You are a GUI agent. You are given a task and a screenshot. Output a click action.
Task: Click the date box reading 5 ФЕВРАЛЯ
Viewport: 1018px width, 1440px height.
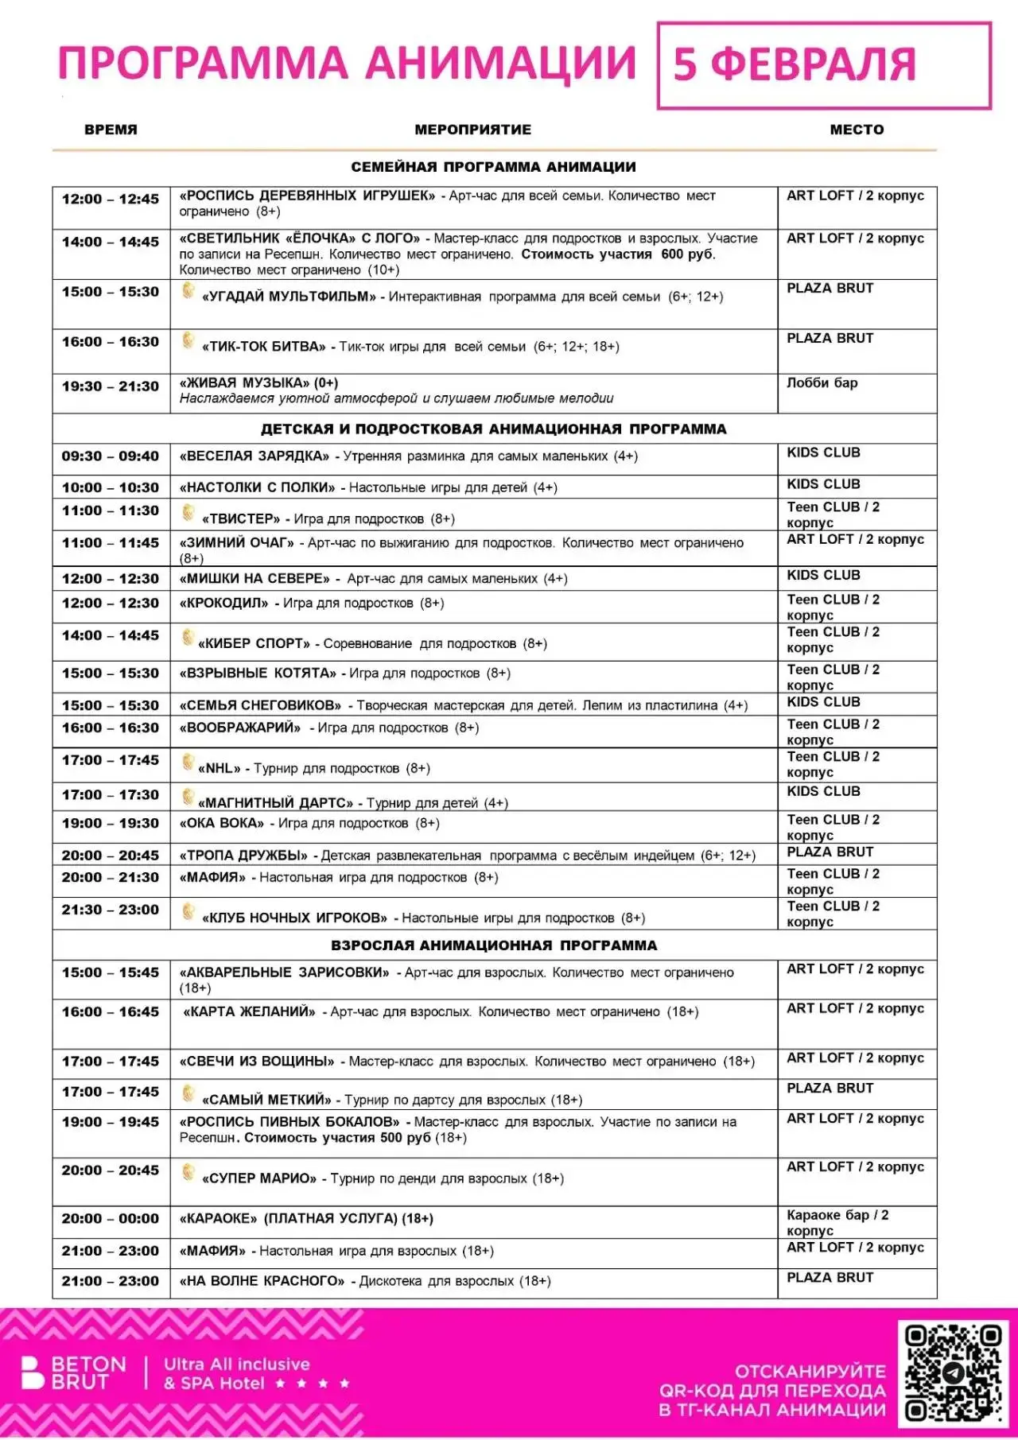[x=823, y=65]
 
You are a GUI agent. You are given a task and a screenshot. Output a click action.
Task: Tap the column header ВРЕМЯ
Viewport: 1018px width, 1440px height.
[x=111, y=130]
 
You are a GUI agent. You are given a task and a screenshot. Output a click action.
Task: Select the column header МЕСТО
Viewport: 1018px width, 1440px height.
[x=857, y=130]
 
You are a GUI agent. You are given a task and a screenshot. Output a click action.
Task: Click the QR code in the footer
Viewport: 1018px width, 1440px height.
[x=953, y=1372]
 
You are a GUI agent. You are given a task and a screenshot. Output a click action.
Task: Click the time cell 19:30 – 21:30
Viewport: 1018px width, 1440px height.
[x=111, y=386]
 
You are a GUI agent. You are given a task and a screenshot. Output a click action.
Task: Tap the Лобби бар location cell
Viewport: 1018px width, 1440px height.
[x=822, y=383]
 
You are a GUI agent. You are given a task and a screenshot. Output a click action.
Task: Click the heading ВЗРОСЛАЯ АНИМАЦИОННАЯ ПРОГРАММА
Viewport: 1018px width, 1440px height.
[x=494, y=945]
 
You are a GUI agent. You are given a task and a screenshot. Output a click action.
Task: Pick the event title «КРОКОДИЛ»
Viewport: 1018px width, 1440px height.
[x=224, y=603]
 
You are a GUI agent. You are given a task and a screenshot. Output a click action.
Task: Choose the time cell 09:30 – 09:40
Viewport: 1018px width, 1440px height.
[x=111, y=456]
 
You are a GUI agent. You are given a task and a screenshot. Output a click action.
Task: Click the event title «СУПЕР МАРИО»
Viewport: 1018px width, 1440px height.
[x=259, y=1178]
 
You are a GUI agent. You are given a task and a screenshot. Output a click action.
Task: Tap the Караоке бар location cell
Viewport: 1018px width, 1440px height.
[x=837, y=1223]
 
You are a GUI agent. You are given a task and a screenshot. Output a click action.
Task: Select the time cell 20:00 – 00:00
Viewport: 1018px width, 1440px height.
[x=111, y=1219]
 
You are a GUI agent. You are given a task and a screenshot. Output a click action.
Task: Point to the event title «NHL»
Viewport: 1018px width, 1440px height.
[x=220, y=768]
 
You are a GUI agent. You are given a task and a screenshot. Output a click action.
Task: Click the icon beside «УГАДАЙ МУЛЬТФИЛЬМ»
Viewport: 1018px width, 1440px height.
[x=188, y=292]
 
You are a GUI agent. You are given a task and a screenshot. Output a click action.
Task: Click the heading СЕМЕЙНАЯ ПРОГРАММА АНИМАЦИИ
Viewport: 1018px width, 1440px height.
[x=493, y=167]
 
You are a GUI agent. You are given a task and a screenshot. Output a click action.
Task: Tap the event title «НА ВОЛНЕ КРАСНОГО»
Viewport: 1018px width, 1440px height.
[x=262, y=1281]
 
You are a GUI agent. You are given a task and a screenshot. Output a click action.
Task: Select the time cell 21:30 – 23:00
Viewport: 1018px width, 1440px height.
[x=111, y=910]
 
